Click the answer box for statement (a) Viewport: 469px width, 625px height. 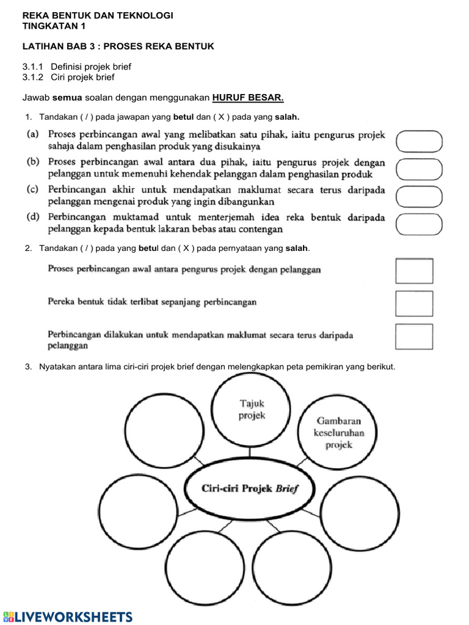tap(419, 141)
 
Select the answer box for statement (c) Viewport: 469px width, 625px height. tap(419, 197)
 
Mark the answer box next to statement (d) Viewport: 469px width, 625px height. tap(419, 224)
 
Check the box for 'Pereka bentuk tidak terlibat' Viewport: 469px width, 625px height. tap(414, 303)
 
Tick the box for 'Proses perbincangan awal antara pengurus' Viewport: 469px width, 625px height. tap(414, 271)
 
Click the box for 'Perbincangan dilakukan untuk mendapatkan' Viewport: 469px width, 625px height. tap(414, 336)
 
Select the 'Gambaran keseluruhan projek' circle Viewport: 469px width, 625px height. tap(338, 433)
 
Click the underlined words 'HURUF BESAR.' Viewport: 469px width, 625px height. tap(248, 98)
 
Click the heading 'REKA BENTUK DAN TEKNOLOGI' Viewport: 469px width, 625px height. tap(98, 15)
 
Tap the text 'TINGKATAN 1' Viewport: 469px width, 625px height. tap(54, 26)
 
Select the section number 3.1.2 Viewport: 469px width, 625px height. tap(34, 78)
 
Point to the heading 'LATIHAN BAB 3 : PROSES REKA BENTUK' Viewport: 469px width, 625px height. tap(118, 46)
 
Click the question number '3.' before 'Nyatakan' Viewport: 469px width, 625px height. tap(28, 367)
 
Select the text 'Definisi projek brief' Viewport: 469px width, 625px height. tap(91, 67)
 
